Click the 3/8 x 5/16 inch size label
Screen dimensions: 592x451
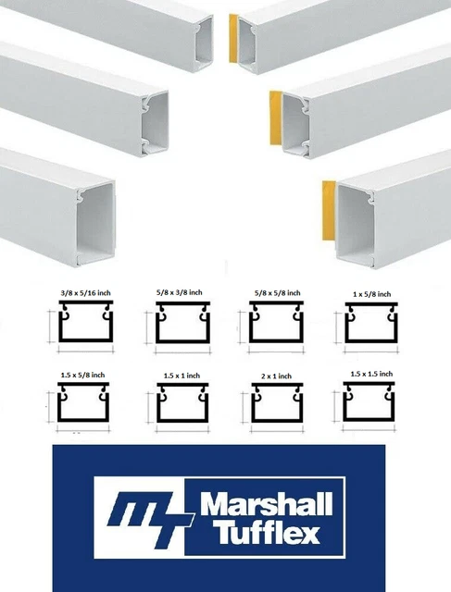(x=77, y=294)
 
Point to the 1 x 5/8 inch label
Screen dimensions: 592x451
(x=367, y=294)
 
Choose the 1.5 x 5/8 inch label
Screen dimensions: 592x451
(x=81, y=375)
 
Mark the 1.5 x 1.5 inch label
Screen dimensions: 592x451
(x=368, y=375)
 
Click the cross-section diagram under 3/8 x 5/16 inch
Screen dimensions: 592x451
(x=81, y=327)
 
